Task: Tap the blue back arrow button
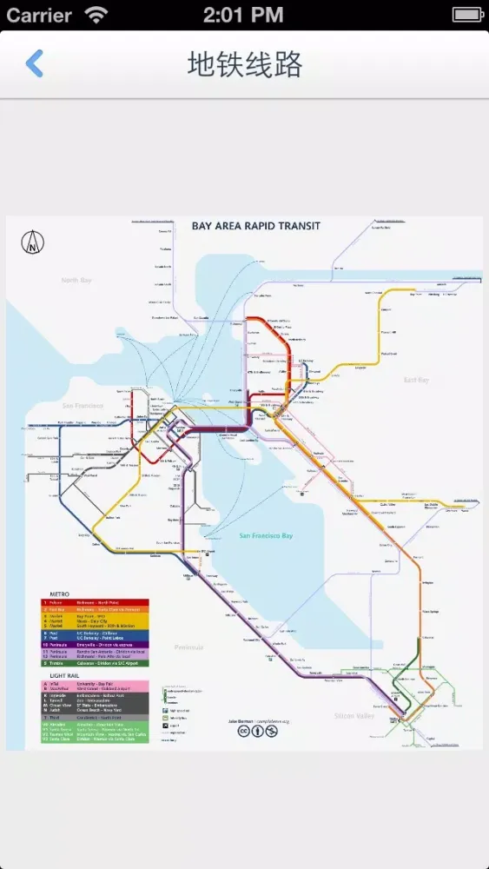(x=34, y=63)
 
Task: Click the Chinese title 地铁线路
(x=244, y=64)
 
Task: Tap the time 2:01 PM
(x=243, y=15)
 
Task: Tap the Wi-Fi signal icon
(x=96, y=15)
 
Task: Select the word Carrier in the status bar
(x=40, y=15)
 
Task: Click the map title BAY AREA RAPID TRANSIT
(x=255, y=226)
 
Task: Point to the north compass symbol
(x=33, y=243)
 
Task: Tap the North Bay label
(x=76, y=281)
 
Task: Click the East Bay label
(x=416, y=380)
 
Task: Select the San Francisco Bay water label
(x=266, y=535)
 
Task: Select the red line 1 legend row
(x=96, y=602)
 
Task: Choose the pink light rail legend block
(x=96, y=687)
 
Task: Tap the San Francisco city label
(x=82, y=406)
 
